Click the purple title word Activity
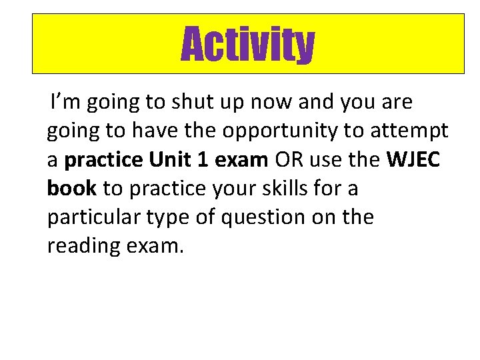click(247, 44)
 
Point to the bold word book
click(72, 189)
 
